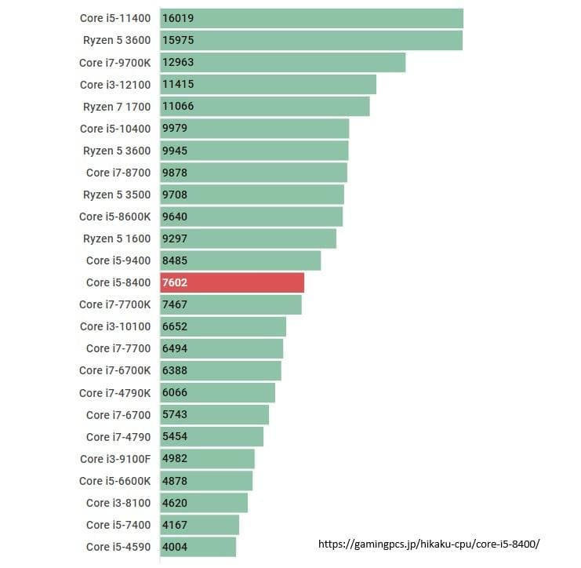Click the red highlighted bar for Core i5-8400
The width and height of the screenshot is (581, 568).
pyautogui.click(x=232, y=282)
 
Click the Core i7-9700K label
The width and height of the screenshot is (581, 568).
pyautogui.click(x=114, y=63)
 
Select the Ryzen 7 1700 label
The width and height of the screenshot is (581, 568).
pyautogui.click(x=116, y=107)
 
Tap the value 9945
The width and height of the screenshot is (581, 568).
pyautogui.click(x=175, y=151)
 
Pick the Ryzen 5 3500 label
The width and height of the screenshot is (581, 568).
pyautogui.click(x=116, y=195)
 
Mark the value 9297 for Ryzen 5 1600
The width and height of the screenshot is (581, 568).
pyautogui.click(x=175, y=238)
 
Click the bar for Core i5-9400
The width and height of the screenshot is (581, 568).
pyautogui.click(x=241, y=260)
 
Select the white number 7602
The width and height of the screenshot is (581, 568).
pyautogui.click(x=175, y=282)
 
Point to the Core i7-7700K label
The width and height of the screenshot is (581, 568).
pyautogui.click(x=114, y=304)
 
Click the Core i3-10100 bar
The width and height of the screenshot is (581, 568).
pyautogui.click(x=223, y=326)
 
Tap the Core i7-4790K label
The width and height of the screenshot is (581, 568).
pyautogui.click(x=114, y=392)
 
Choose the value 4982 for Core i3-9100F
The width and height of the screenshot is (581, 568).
pyautogui.click(x=175, y=458)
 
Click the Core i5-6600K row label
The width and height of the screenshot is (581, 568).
pyautogui.click(x=114, y=481)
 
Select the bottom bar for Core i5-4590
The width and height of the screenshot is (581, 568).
pyautogui.click(x=198, y=547)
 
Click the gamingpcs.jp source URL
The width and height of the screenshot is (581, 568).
pyautogui.click(x=429, y=544)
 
